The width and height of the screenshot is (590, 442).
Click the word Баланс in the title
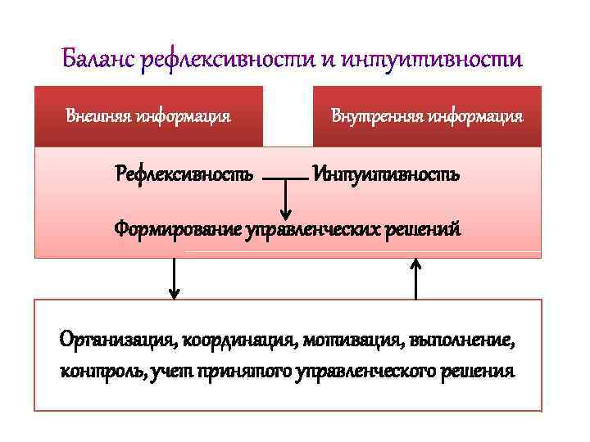click(98, 60)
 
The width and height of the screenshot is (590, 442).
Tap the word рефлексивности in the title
click(231, 60)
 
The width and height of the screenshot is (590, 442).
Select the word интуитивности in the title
click(432, 60)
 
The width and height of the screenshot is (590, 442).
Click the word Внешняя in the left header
click(99, 115)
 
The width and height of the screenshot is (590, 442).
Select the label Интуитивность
click(386, 174)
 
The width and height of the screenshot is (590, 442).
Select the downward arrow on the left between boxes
click(174, 278)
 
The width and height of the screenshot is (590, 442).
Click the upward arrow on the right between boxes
click(416, 278)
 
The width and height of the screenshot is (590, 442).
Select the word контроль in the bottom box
click(93, 371)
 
